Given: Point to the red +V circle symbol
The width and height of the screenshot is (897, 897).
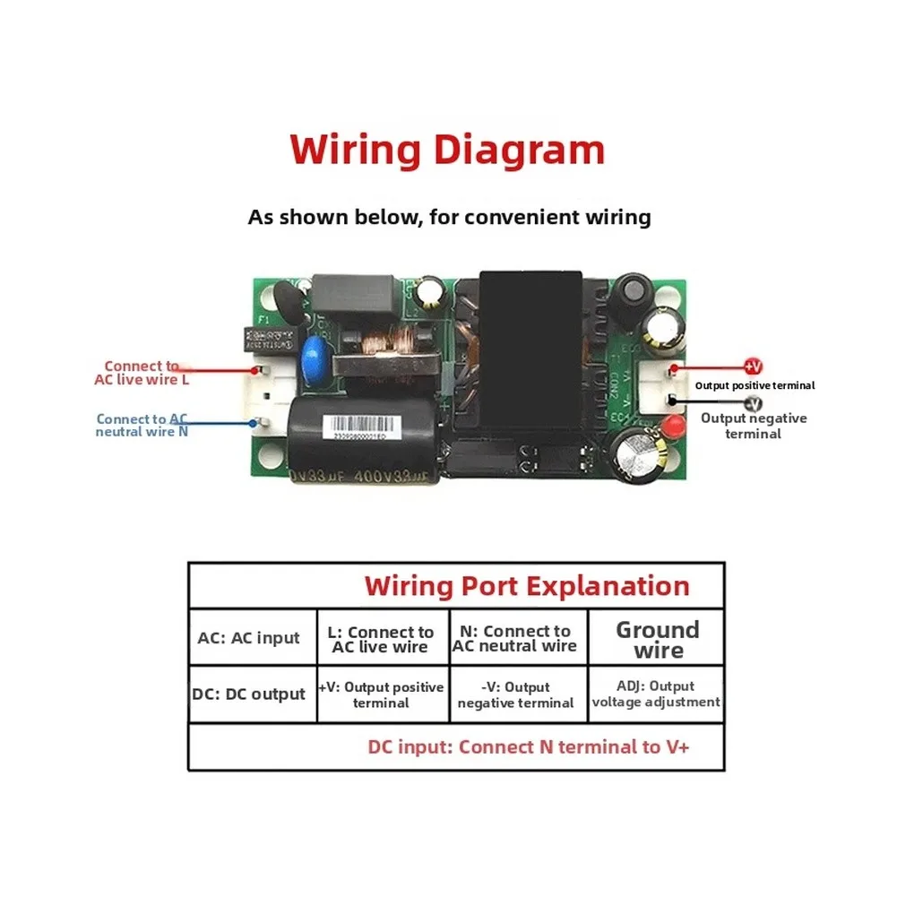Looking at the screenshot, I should pyautogui.click(x=753, y=366).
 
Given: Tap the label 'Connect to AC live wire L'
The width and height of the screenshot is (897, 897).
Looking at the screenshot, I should pyautogui.click(x=142, y=372).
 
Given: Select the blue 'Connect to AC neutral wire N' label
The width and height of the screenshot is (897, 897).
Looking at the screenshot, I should pyautogui.click(x=142, y=425).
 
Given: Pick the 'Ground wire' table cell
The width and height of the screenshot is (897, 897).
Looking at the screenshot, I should pyautogui.click(x=657, y=639).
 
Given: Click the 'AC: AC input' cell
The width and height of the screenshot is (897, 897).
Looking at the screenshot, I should pyautogui.click(x=249, y=638).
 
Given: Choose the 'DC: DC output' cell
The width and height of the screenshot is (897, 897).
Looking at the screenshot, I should pyautogui.click(x=249, y=694).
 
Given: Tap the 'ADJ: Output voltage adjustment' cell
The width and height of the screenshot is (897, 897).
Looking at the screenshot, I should pyautogui.click(x=656, y=694).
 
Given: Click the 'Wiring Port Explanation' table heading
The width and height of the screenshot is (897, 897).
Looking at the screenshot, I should pyautogui.click(x=527, y=586).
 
